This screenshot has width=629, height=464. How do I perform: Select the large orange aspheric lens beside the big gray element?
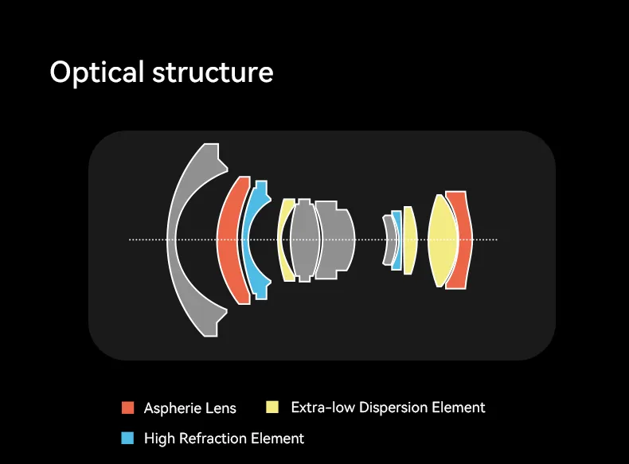click(x=228, y=239)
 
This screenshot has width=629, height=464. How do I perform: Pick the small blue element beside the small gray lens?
click(x=397, y=240)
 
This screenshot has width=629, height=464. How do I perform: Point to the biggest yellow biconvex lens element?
click(x=441, y=240)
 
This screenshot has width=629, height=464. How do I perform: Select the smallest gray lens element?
click(x=388, y=240)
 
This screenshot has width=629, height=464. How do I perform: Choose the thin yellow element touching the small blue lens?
click(x=409, y=240)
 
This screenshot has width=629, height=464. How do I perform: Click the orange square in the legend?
click(x=127, y=408)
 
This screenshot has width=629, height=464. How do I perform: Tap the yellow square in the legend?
click(x=272, y=407)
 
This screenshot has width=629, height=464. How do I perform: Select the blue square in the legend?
click(x=127, y=438)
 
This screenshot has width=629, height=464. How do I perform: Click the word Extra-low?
click(x=322, y=407)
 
